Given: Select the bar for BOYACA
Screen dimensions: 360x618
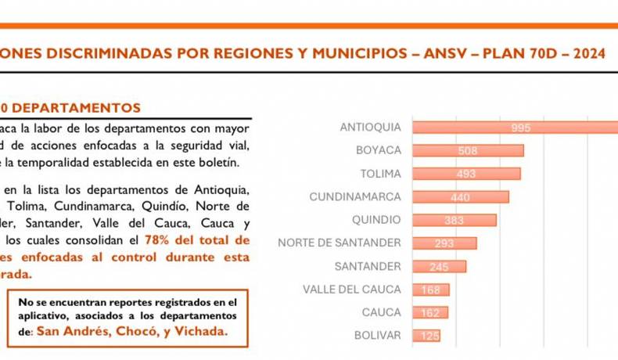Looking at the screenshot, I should [x=467, y=150].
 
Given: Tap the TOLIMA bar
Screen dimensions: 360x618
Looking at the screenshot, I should [x=465, y=174].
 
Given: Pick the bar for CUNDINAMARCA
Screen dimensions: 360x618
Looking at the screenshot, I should [x=460, y=197].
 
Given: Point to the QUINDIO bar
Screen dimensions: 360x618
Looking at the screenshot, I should [x=454, y=220].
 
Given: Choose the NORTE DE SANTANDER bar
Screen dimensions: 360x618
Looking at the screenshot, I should [x=444, y=243].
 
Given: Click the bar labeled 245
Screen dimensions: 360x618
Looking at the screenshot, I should [x=439, y=267].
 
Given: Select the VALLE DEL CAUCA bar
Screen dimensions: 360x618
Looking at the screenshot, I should [x=430, y=290].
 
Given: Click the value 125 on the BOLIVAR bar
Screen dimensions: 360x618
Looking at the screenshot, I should [x=428, y=336].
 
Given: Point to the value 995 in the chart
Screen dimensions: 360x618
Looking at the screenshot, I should [x=521, y=128].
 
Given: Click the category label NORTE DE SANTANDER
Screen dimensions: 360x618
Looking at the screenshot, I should [x=340, y=243].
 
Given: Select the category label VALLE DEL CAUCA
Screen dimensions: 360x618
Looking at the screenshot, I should [x=351, y=290].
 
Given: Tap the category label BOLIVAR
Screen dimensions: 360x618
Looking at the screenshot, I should [x=377, y=336].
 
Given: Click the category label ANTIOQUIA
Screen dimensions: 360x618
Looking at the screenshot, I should [x=370, y=128].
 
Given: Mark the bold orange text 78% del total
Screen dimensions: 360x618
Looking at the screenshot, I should [x=196, y=240].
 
